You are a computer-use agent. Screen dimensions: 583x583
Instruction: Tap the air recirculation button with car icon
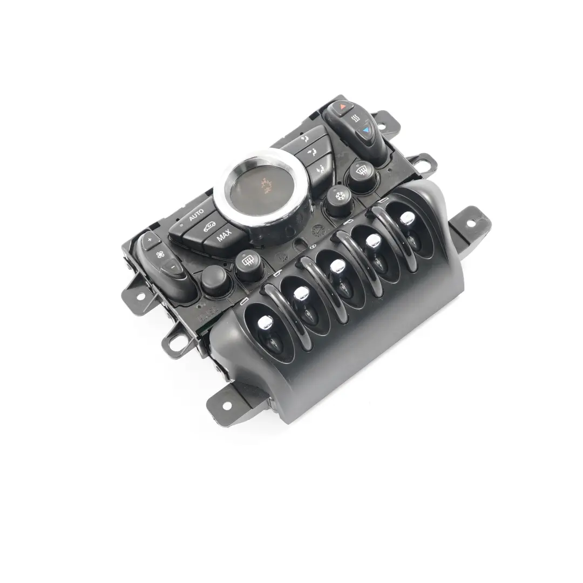[210, 227]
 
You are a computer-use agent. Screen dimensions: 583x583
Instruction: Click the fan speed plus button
[150, 239]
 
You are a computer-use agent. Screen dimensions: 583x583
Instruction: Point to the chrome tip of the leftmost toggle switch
[265, 322]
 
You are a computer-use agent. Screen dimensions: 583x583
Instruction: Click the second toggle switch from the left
[302, 293]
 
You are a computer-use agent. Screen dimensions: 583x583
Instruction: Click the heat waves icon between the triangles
[355, 118]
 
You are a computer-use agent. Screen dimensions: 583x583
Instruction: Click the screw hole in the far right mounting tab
[468, 222]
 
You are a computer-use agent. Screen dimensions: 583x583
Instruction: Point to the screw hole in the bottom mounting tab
[226, 405]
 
